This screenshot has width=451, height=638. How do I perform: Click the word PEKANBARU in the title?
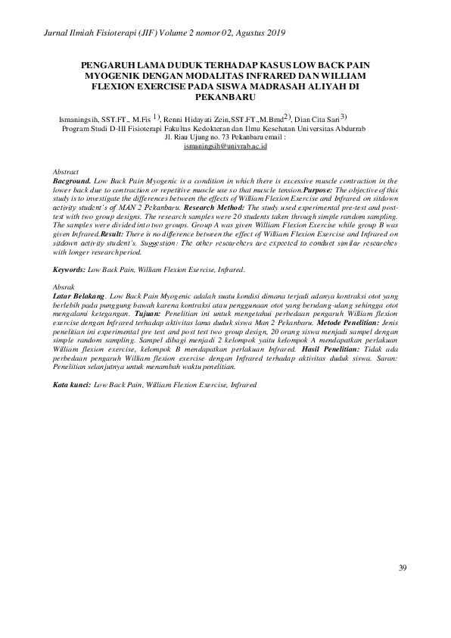pos(225,98)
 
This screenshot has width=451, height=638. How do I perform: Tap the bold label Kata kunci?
pos(72,384)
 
